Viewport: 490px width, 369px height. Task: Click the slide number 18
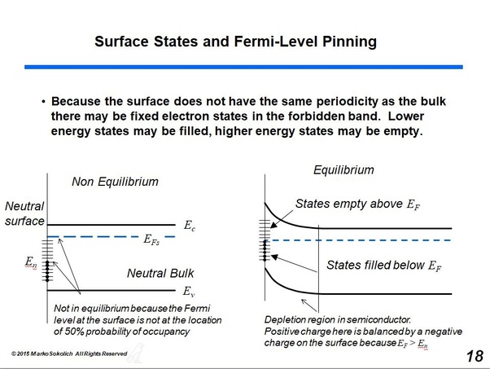475,356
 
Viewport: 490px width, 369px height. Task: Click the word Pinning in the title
349,42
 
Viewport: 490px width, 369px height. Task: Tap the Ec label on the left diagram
190,226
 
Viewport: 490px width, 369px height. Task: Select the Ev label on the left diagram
189,292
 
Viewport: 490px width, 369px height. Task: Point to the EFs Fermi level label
151,239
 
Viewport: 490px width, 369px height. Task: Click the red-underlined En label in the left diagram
31,261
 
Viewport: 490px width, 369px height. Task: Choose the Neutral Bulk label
160,274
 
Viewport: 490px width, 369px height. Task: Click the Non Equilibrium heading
115,182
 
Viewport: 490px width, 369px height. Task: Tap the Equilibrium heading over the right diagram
343,170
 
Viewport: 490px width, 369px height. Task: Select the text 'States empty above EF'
358,204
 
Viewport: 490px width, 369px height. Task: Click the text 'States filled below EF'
383,266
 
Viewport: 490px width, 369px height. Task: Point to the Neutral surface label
24,213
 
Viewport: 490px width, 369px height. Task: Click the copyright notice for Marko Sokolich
69,354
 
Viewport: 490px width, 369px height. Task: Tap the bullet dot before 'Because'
43,102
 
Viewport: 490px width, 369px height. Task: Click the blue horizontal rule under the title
243,67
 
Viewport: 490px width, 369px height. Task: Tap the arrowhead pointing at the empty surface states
273,225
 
